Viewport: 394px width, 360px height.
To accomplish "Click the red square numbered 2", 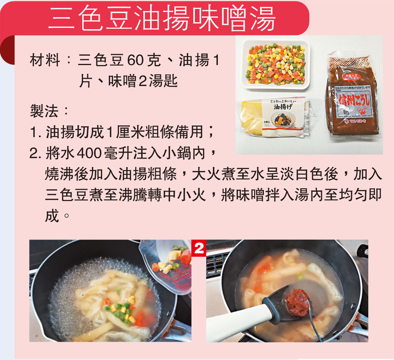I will click(198, 249).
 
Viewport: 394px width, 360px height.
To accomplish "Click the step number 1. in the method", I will click(35, 132).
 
